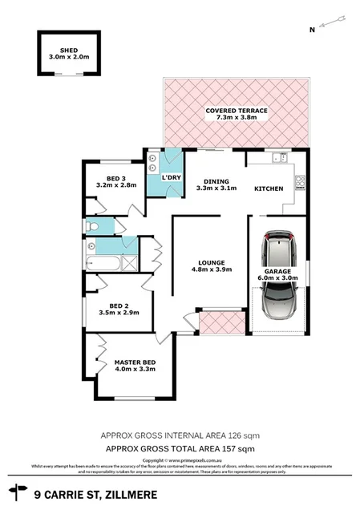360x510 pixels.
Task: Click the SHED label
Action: tap(67, 49)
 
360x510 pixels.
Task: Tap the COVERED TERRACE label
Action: tap(236, 111)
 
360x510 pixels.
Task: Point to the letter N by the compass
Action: tap(312, 30)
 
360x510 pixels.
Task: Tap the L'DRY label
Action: tap(171, 177)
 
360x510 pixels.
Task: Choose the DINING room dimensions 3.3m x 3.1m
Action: tap(216, 189)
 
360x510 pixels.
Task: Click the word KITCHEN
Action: tap(268, 189)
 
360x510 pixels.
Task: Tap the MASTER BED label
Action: tap(134, 362)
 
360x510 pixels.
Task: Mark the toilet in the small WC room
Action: tap(93, 227)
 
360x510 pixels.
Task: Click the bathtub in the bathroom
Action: tap(103, 262)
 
